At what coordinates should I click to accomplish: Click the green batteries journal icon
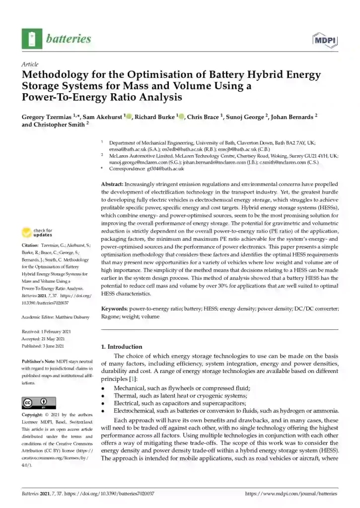point(32,38)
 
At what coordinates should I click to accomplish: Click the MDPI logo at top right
point(325,39)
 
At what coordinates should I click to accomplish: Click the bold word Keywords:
point(115,309)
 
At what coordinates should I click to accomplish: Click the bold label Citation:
point(30,246)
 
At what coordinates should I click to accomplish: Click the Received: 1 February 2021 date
point(47,330)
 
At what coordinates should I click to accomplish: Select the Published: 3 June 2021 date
point(45,345)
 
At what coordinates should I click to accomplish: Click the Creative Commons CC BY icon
point(39,402)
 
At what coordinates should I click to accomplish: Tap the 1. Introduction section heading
point(121,347)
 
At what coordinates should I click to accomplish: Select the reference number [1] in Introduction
point(135,380)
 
